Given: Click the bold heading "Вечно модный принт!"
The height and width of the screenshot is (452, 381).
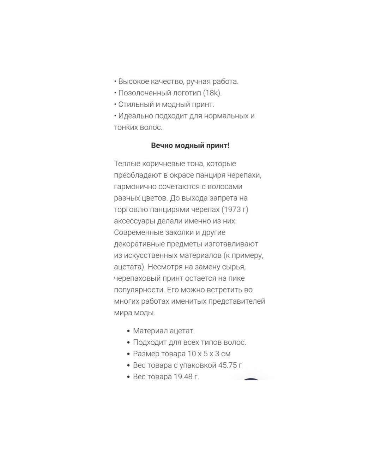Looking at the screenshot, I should [x=190, y=145].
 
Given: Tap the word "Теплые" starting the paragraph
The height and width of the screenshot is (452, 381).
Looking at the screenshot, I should [x=127, y=164].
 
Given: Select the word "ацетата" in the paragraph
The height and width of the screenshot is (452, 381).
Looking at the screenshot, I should [x=128, y=267].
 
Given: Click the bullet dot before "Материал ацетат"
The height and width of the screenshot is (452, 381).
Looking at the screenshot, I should [x=128, y=331].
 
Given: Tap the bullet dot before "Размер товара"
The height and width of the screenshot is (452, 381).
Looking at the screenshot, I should [x=128, y=354].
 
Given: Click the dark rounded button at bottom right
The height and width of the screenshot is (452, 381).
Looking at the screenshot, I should [x=251, y=379].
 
